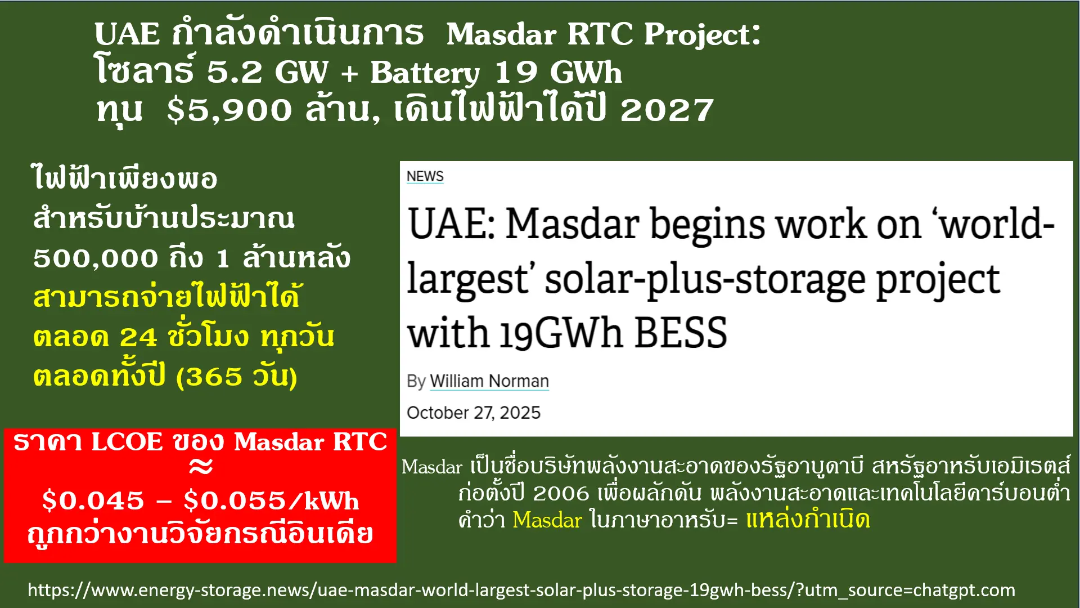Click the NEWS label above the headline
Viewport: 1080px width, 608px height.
(x=425, y=177)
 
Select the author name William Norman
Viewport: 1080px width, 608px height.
(x=489, y=381)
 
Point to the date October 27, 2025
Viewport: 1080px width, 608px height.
(x=473, y=413)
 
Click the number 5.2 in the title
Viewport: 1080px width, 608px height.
(x=235, y=72)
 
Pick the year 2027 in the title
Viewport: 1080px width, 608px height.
(x=667, y=110)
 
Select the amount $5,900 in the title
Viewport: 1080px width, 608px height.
(x=229, y=110)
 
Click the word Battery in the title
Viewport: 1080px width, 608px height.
(x=425, y=73)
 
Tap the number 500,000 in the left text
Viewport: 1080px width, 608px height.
(x=96, y=258)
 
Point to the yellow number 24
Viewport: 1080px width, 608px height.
(x=138, y=338)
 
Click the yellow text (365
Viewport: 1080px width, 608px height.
(x=209, y=377)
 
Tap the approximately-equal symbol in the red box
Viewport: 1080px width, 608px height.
(x=201, y=466)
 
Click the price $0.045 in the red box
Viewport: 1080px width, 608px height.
(x=93, y=500)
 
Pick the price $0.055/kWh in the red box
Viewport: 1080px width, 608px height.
(x=271, y=500)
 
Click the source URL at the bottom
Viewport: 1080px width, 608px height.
(x=521, y=590)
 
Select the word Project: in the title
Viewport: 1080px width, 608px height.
(x=702, y=35)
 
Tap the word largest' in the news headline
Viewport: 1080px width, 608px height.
(x=467, y=279)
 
